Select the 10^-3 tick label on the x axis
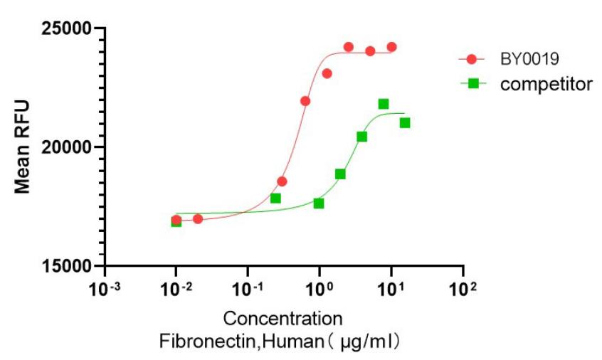click(104, 287)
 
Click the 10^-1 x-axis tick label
click(247, 287)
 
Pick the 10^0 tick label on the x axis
click(320, 287)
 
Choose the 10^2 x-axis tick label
click(463, 287)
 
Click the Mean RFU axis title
click(23, 147)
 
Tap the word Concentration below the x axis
click(282, 317)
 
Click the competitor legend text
click(546, 84)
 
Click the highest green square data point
click(384, 104)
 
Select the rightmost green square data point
click(405, 123)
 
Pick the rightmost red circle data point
click(391, 47)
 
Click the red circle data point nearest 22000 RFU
click(305, 101)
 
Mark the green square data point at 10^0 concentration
click(319, 203)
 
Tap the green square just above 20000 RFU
click(361, 137)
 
